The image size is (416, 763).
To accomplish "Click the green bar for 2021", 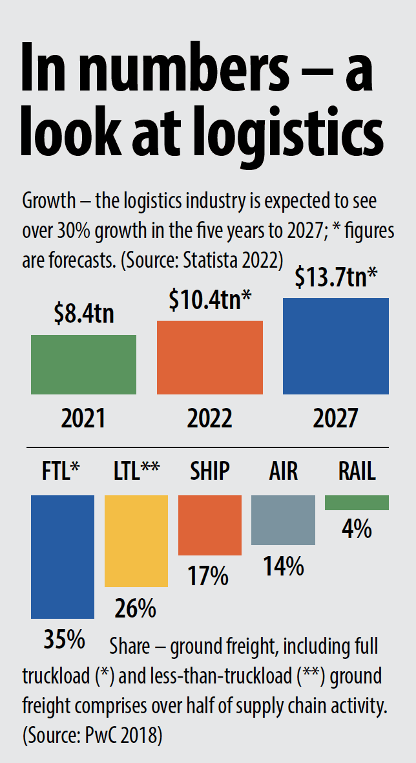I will (83, 364).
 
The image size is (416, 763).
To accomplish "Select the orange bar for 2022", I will (210, 357).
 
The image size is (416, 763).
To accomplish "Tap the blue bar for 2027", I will (336, 346).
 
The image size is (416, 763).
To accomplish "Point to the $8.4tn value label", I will (83, 316).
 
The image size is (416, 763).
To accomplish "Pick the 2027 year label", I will (335, 418).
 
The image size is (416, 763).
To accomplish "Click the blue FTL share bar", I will (63, 557).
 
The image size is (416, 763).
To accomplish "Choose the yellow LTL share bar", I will (136, 541).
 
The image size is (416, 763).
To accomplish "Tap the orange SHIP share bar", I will (209, 525).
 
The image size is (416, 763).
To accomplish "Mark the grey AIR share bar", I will (283, 520).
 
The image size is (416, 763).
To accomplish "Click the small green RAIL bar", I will (357, 502).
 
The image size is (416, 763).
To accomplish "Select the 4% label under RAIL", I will (357, 529).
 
